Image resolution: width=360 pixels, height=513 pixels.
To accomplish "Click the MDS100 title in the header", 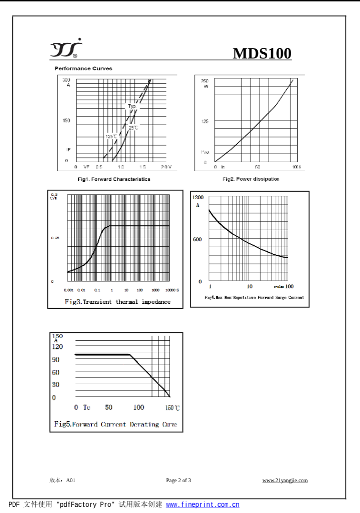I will click(x=262, y=54).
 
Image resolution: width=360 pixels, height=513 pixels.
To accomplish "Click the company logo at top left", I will click(x=67, y=48).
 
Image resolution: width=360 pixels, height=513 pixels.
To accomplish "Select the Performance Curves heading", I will click(x=83, y=68).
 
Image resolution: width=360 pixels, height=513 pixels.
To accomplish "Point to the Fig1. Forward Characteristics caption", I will click(x=114, y=179).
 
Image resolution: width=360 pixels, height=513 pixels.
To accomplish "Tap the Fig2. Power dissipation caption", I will click(x=251, y=179).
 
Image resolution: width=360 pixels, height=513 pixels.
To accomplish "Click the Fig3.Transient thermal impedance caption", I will click(x=117, y=302).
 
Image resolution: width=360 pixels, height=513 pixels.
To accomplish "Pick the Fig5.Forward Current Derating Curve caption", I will click(x=115, y=424).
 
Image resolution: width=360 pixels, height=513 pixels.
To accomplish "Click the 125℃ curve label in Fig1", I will click(x=111, y=136).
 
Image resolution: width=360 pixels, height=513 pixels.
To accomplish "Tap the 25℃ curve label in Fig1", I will click(x=133, y=127).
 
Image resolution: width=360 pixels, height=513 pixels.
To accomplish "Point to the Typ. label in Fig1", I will click(x=132, y=106).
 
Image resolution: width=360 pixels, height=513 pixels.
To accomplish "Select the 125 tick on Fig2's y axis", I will click(x=205, y=121).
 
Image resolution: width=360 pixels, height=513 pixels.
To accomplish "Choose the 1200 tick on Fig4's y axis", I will click(x=198, y=197).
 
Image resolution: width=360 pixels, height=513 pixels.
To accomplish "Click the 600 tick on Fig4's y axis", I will click(x=197, y=239).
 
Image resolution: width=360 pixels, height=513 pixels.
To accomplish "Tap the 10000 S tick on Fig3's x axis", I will click(x=172, y=290).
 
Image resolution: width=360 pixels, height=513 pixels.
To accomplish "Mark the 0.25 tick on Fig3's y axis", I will click(x=55, y=238).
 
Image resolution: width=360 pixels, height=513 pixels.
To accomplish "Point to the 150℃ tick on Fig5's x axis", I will click(x=172, y=408).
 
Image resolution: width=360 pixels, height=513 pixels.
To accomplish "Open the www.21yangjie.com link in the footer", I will click(x=285, y=480).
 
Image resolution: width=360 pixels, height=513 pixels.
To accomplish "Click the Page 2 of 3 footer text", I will click(x=178, y=480).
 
